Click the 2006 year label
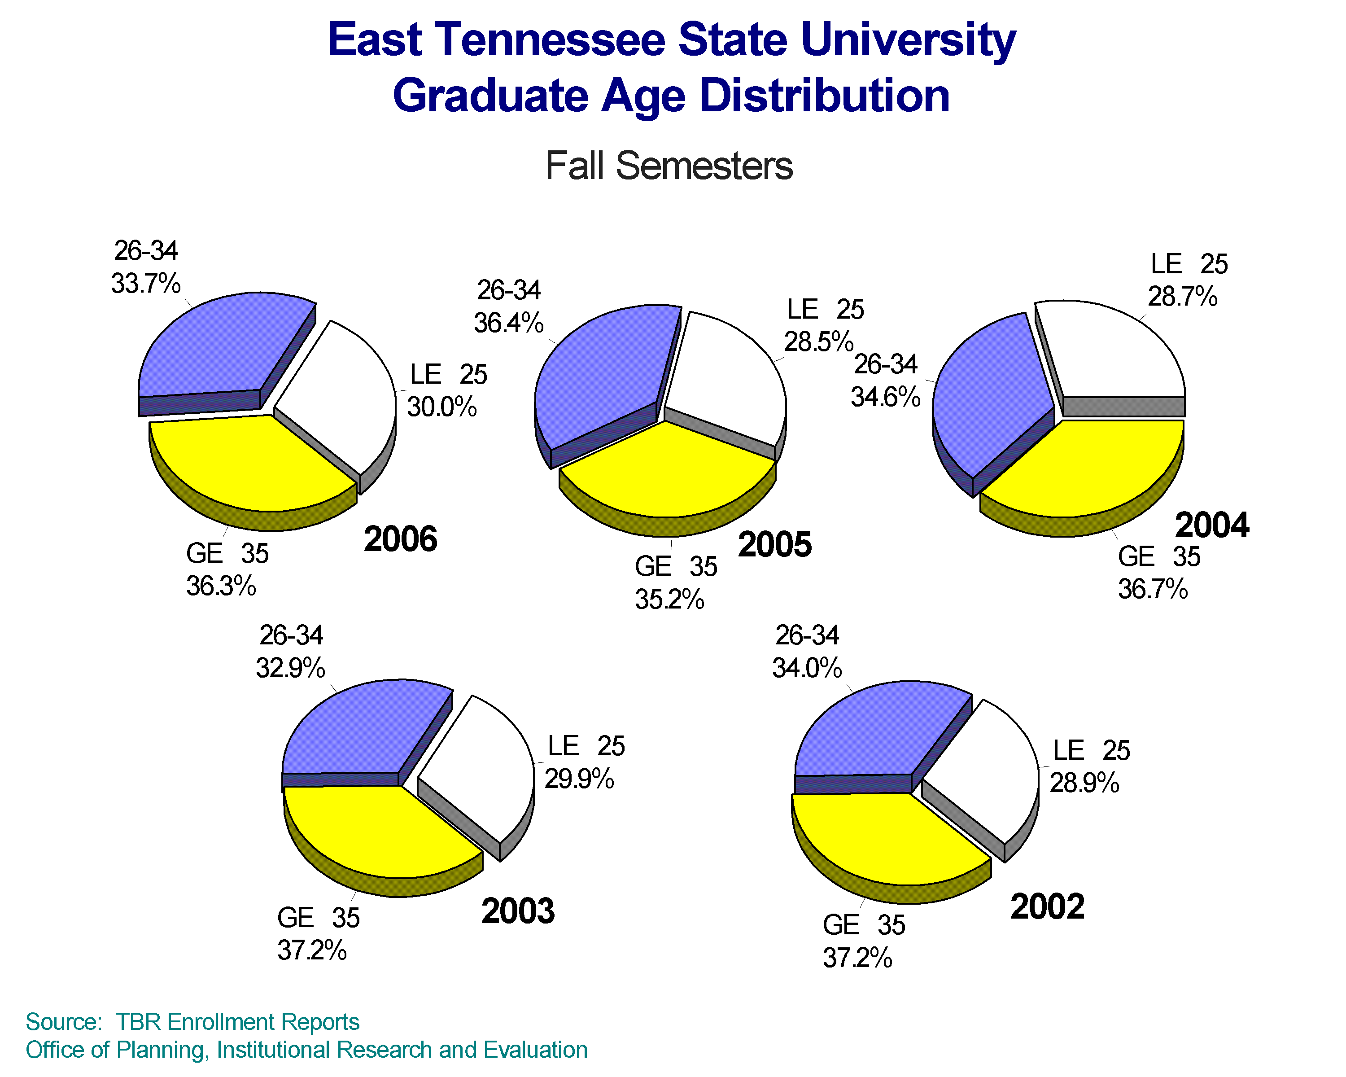click(400, 539)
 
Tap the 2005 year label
click(775, 544)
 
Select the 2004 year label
click(1212, 525)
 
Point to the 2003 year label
click(518, 911)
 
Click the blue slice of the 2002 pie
click(874, 731)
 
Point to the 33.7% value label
click(145, 284)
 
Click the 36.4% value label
click(508, 323)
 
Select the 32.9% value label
click(290, 668)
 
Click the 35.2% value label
click(669, 600)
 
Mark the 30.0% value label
click(442, 407)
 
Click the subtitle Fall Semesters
click(669, 166)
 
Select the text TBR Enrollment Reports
click(237, 1022)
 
